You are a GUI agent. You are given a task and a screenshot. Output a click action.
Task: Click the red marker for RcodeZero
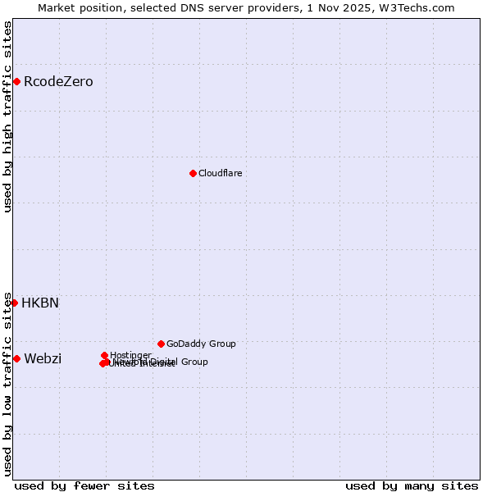coord(16,81)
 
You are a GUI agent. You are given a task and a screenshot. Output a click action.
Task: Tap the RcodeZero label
coord(58,82)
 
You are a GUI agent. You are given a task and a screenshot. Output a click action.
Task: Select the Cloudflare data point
coord(193,173)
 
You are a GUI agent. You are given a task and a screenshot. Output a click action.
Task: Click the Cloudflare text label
coord(220,173)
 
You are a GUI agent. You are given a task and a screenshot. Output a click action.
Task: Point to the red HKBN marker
coord(14,303)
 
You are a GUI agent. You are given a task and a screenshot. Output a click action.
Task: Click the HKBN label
coord(40,303)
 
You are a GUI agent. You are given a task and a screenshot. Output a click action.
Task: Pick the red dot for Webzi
coord(16,358)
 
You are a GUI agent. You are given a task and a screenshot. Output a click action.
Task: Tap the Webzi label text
coord(43,359)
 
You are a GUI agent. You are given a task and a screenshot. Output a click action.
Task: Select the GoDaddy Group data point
coord(161,344)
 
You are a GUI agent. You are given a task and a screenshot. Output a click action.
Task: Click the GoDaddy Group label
coord(201,344)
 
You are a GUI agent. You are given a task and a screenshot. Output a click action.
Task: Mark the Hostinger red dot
coord(105,355)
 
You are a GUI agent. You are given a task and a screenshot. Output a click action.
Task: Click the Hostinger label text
coord(130,355)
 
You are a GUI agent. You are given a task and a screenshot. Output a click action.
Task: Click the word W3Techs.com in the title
coord(420,7)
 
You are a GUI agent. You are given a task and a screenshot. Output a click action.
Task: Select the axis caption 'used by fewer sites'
coord(84,485)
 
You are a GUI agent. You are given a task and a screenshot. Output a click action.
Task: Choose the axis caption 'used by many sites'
coord(412,485)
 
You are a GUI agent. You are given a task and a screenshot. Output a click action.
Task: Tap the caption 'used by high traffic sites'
coord(8,116)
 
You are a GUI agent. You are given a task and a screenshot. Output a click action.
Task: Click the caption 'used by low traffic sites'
coord(8,384)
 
